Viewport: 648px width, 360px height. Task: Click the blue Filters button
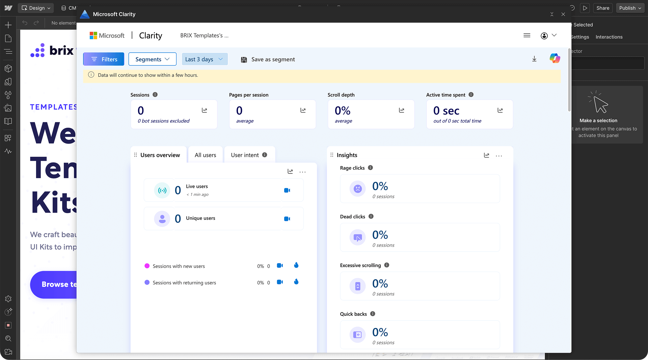(104, 59)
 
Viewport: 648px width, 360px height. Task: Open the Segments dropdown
(152, 59)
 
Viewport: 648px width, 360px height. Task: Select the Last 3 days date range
(204, 59)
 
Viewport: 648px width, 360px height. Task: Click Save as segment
(268, 59)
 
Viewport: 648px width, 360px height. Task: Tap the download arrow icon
(534, 59)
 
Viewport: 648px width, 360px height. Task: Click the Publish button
(630, 8)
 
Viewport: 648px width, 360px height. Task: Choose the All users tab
(205, 155)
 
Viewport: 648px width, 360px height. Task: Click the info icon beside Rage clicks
(370, 168)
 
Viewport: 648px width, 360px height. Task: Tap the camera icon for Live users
(287, 190)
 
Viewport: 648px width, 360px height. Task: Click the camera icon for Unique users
(287, 219)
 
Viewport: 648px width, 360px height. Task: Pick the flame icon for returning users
(296, 282)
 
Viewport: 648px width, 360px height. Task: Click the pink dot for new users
(147, 266)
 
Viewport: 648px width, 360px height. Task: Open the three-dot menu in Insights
(499, 156)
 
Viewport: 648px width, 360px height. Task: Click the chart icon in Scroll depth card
(402, 110)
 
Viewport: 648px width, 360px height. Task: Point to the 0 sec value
(446, 111)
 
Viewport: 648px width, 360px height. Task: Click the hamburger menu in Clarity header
(527, 35)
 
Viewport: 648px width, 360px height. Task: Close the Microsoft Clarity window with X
(563, 14)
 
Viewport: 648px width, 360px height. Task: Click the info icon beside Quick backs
(373, 314)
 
